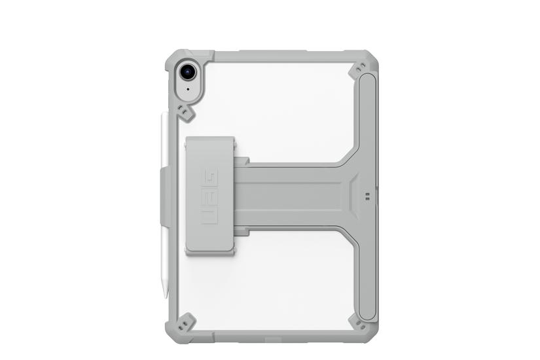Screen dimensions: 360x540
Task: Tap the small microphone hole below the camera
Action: pyautogui.click(x=188, y=89)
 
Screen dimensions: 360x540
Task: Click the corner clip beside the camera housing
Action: pyautogui.click(x=187, y=114)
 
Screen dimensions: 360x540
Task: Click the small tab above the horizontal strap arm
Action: pyautogui.click(x=242, y=160)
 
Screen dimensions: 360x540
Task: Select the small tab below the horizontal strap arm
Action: pyautogui.click(x=242, y=231)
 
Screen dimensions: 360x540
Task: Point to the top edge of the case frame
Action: pyautogui.click(x=275, y=56)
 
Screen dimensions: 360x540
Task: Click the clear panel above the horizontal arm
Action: pyautogui.click(x=275, y=105)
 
